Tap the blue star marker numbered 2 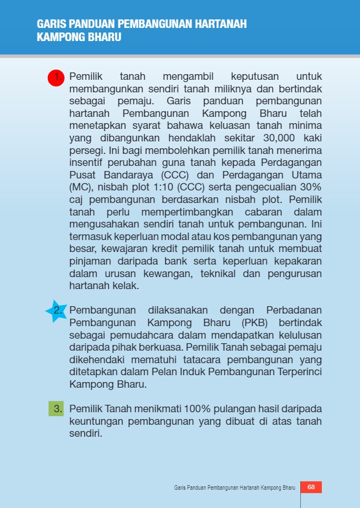(57, 311)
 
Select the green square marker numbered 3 (56, 409)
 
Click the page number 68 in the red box (311, 487)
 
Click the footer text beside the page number (234, 488)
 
